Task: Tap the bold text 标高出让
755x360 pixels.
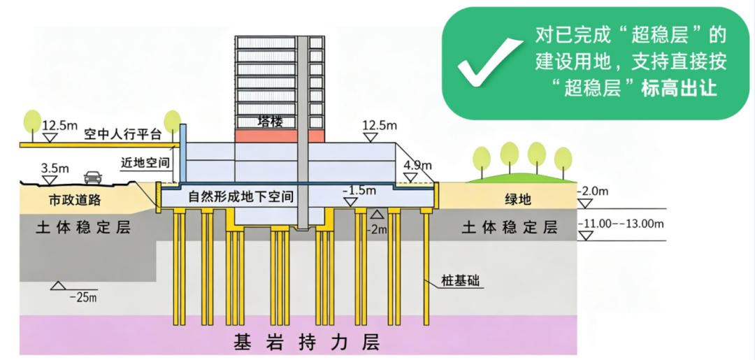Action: click(679, 89)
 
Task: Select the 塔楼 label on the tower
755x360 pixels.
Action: click(270, 122)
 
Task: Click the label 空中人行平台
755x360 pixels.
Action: click(122, 134)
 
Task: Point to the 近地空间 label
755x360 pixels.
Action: click(145, 163)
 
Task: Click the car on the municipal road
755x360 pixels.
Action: click(93, 178)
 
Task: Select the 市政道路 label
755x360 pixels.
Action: click(75, 200)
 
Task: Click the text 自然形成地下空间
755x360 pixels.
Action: click(241, 197)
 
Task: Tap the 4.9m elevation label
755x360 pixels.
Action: click(418, 166)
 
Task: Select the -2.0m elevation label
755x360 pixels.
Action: click(594, 192)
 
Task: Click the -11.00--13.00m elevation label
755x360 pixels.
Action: click(621, 224)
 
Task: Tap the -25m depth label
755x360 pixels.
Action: click(83, 297)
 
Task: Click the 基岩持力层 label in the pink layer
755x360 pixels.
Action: click(307, 342)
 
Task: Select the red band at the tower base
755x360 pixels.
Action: click(279, 136)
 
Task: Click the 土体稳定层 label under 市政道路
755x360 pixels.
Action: click(83, 228)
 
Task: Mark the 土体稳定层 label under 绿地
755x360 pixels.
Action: click(510, 227)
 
